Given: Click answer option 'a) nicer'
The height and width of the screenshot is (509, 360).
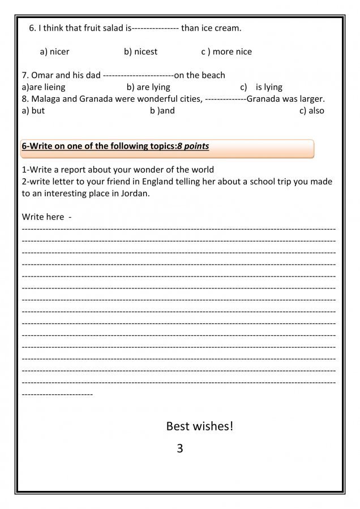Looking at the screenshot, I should coord(54,52).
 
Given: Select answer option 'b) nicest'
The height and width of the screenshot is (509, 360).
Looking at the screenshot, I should coord(140,52).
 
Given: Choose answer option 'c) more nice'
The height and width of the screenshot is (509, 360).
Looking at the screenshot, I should coord(226,52).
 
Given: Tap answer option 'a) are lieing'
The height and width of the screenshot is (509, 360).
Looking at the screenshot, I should coord(44,87).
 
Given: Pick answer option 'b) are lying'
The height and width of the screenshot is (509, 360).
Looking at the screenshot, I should coord(148,87).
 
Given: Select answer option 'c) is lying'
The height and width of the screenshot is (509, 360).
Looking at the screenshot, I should coord(262,87).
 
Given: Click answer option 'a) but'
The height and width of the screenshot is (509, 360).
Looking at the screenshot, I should coord(33,111).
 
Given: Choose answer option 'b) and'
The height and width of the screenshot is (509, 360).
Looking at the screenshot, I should coord(162,111).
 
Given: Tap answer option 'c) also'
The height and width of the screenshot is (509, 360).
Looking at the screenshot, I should coord(312,111).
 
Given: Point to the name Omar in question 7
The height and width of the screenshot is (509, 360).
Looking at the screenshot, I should coord(42,75).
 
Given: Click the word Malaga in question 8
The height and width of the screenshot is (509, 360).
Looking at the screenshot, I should coord(48,99).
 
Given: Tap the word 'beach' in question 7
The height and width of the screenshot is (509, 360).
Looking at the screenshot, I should coord(212,75).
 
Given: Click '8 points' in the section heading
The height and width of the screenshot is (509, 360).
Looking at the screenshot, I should coord(193,146).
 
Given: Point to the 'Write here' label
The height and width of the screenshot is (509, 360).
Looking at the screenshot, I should coord(43,217).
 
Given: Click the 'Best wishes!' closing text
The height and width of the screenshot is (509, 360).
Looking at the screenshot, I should coord(199,426).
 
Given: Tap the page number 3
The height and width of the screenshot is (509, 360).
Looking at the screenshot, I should coord(180,449).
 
